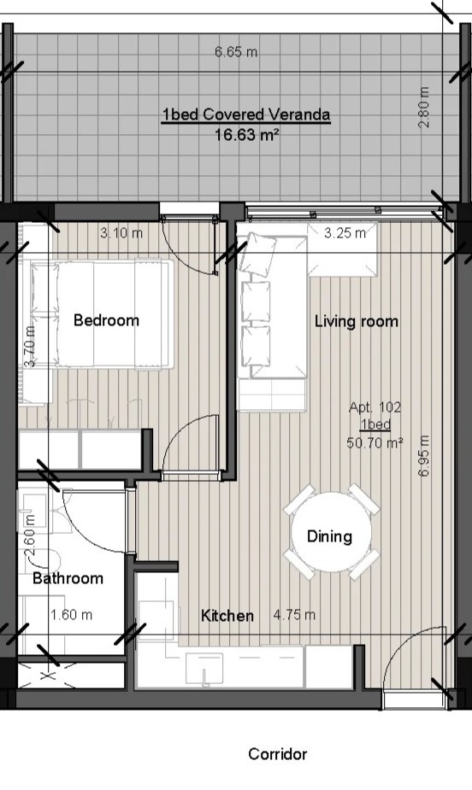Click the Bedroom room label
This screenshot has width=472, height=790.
coord(106,320)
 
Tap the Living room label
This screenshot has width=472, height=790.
coord(356,321)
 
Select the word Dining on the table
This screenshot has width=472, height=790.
coord(329,536)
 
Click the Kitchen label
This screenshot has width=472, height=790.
coord(227,615)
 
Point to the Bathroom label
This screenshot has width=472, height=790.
coord(68,578)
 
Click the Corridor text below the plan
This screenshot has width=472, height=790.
coord(277,754)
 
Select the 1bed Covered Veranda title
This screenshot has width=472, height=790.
coord(246,115)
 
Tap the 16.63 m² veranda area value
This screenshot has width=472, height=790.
coord(247,135)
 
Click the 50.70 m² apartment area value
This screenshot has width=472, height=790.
coord(375,443)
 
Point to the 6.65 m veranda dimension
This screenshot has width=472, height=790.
coord(236,52)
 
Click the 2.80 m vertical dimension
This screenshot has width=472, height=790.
coord(424,108)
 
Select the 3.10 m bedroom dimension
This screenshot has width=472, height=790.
coord(121,233)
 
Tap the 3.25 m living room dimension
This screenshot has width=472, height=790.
coord(345,233)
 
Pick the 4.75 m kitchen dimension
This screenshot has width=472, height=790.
coord(294,615)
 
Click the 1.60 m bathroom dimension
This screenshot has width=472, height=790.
coord(72,615)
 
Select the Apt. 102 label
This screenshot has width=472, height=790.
coord(375,407)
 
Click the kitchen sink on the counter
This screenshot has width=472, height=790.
coord(204,668)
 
